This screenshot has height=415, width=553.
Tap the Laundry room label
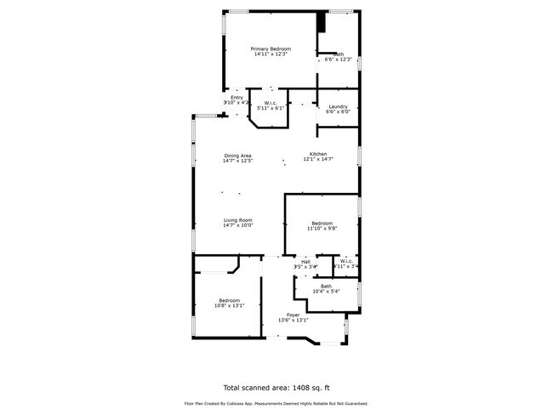coord(339,105)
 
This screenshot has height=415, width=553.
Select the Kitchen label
coord(318,154)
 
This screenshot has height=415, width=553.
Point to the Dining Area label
coord(237,155)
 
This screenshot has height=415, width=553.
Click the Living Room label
coord(238,220)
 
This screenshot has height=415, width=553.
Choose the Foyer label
coord(293,315)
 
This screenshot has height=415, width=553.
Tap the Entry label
coord(237,98)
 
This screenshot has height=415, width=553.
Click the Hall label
coord(305,261)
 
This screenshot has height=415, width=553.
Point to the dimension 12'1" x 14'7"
coord(318,160)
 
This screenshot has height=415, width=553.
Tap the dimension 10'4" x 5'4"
coord(326,292)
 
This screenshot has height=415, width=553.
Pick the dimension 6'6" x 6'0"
coord(339,111)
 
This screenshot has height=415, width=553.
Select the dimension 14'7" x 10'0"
coord(238,226)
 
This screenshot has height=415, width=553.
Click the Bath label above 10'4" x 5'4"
coord(326,286)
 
